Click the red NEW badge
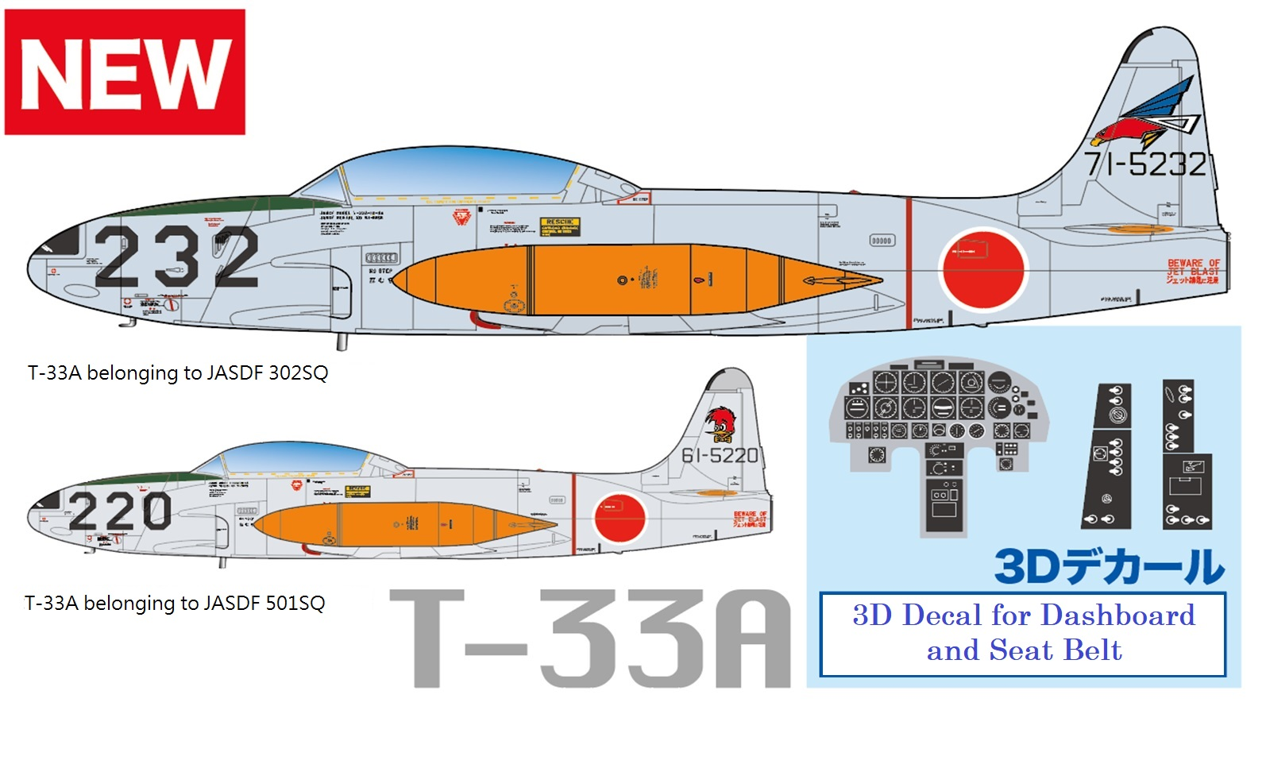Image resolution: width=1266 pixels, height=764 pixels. pyautogui.click(x=125, y=72)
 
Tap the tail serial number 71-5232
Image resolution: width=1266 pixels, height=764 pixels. pyautogui.click(x=1145, y=164)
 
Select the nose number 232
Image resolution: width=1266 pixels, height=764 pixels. pyautogui.click(x=176, y=257)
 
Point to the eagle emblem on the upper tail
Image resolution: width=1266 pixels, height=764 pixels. pyautogui.click(x=1143, y=116)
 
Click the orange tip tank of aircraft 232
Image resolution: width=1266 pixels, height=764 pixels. pyautogui.click(x=635, y=280)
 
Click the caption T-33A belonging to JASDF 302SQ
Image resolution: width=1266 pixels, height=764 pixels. pyautogui.click(x=178, y=373)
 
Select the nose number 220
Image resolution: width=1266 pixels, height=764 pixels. pyautogui.click(x=120, y=511)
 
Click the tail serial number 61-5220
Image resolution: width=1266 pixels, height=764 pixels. pyautogui.click(x=720, y=456)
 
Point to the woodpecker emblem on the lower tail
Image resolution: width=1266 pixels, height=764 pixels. pyautogui.click(x=721, y=424)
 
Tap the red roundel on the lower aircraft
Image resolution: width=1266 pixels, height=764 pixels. pyautogui.click(x=619, y=518)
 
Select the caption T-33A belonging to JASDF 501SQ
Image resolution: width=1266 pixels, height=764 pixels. pyautogui.click(x=175, y=604)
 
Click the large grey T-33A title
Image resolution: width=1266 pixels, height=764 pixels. pyautogui.click(x=589, y=639)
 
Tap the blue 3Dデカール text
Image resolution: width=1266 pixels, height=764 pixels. pyautogui.click(x=1109, y=567)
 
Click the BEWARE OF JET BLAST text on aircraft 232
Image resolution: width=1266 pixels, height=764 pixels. pyautogui.click(x=1193, y=271)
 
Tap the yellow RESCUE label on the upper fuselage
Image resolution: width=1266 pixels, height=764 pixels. pyautogui.click(x=560, y=226)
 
